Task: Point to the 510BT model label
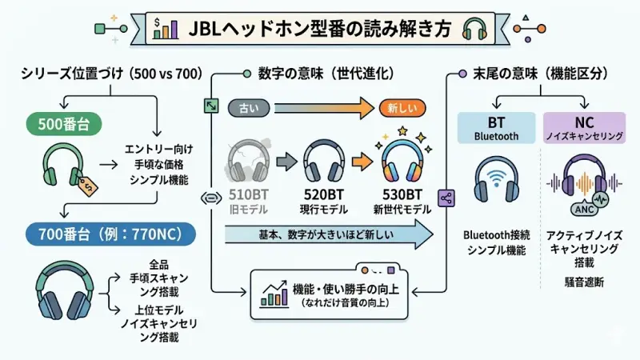(x=248, y=194)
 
